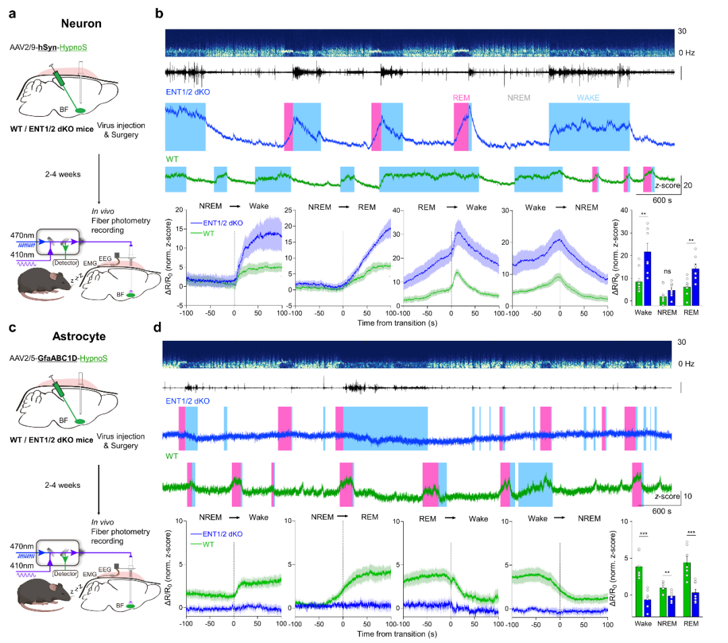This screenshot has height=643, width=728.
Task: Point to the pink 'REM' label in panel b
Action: coord(462,97)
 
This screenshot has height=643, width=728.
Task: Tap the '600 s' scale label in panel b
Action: coord(665,200)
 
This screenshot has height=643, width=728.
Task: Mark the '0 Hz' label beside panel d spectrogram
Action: coord(687,364)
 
